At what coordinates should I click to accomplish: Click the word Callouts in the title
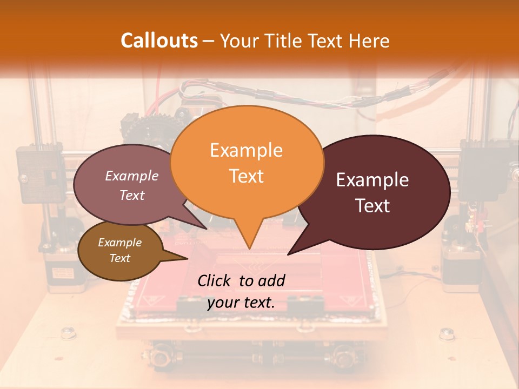click(x=159, y=41)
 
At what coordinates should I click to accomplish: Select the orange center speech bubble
click(x=247, y=162)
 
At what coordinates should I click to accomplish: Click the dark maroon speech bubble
click(x=373, y=192)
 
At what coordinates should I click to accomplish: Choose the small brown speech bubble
click(x=120, y=251)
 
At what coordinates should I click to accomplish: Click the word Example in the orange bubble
click(x=247, y=150)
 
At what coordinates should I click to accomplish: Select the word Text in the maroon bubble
click(x=373, y=206)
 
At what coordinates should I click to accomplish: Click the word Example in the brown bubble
click(x=120, y=243)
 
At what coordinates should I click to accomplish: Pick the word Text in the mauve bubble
click(x=132, y=196)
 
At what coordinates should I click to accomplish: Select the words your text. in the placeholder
click(x=241, y=303)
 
